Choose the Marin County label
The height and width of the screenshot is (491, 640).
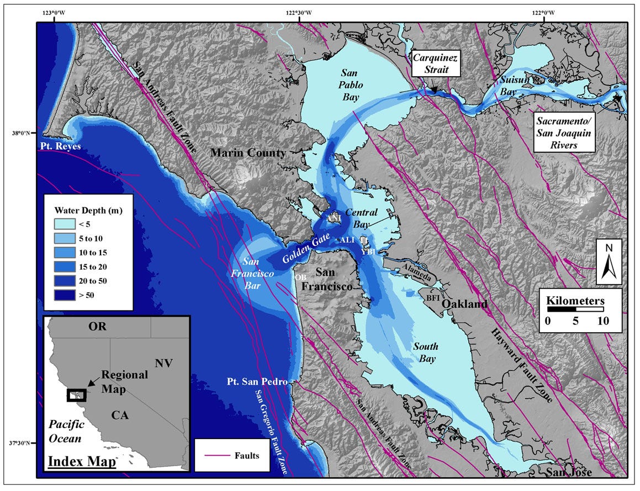click(x=248, y=153)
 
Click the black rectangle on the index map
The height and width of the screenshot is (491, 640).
click(x=77, y=396)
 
